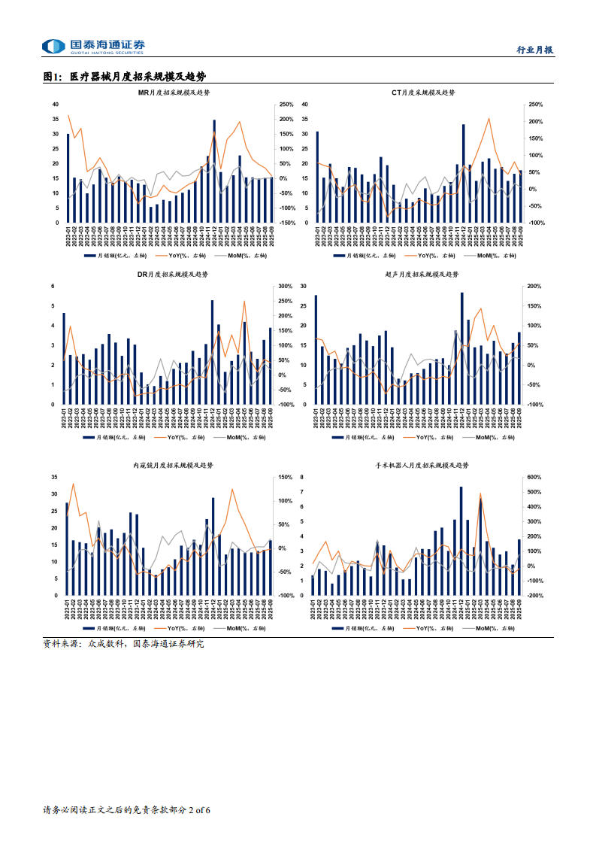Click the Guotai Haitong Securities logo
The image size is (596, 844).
pyautogui.click(x=94, y=47)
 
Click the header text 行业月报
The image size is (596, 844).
pyautogui.click(x=536, y=50)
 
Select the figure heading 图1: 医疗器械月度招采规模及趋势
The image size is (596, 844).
pyautogui.click(x=125, y=76)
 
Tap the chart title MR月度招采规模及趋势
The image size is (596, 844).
pyautogui.click(x=174, y=93)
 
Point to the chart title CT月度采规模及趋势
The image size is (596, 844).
pyautogui.click(x=423, y=93)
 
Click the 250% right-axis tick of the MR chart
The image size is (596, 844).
pyautogui.click(x=286, y=105)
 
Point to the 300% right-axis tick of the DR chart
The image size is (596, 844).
pyautogui.click(x=286, y=287)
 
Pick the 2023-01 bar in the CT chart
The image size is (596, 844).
pyautogui.click(x=317, y=177)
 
